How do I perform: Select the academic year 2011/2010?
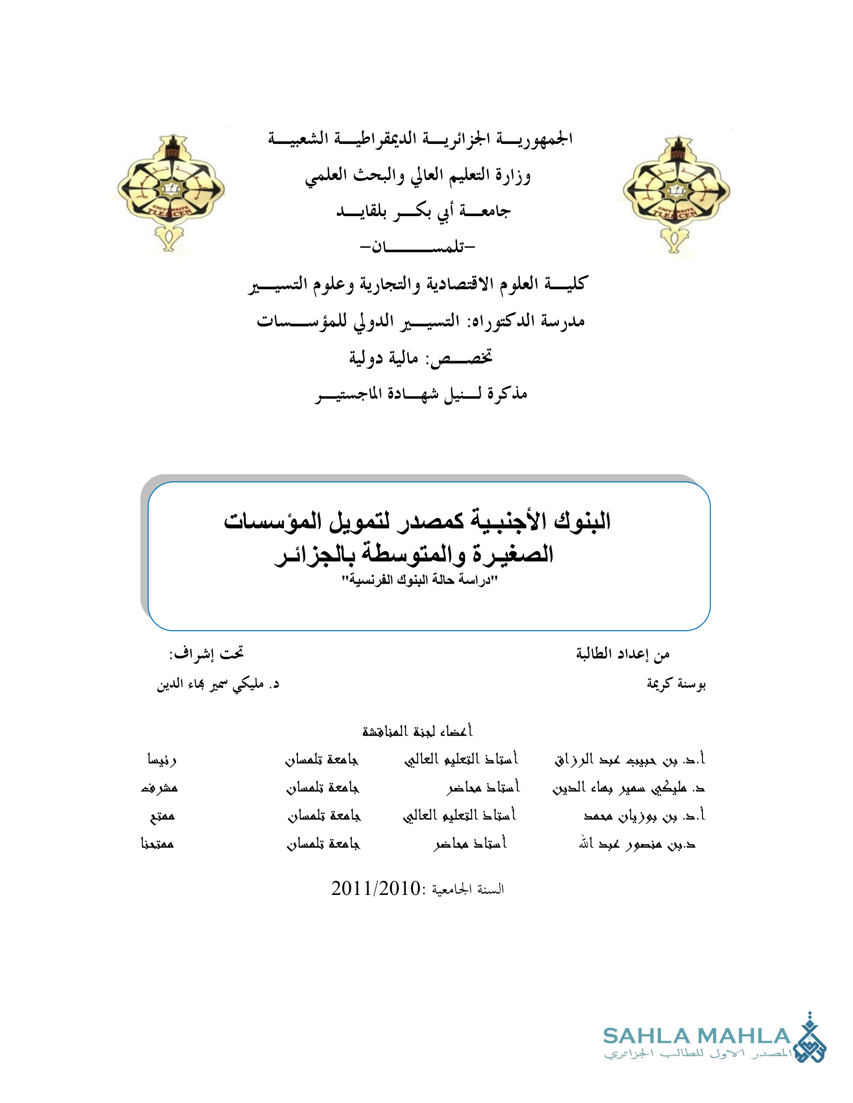click(376, 888)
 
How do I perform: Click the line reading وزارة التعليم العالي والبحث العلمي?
click(418, 175)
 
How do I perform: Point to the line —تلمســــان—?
click(417, 247)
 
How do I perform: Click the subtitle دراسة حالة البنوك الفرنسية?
click(419, 580)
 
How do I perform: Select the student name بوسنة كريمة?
click(676, 684)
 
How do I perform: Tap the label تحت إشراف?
click(206, 653)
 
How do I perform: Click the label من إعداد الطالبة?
click(623, 654)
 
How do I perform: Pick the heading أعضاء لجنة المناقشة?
click(417, 731)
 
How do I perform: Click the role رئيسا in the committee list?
click(162, 760)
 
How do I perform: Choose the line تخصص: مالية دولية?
click(420, 358)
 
